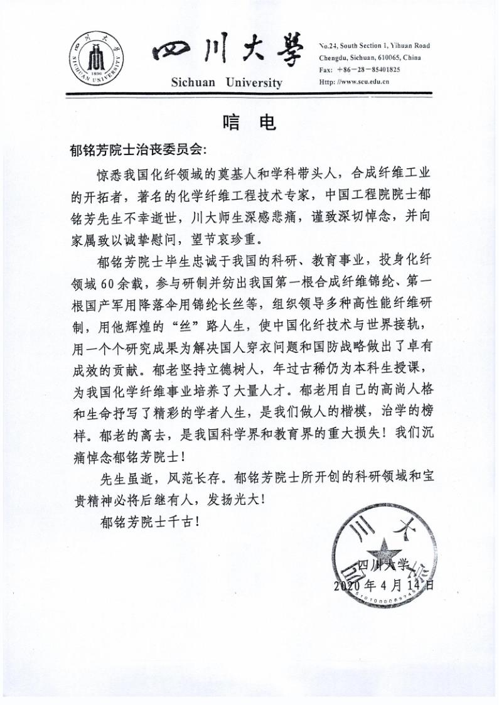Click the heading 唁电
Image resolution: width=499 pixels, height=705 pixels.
[x=249, y=123]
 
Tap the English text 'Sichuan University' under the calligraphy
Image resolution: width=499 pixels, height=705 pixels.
[x=227, y=83]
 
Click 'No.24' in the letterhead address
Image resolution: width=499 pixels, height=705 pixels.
[x=328, y=46]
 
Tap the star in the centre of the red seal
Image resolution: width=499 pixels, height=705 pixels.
[x=381, y=550]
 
